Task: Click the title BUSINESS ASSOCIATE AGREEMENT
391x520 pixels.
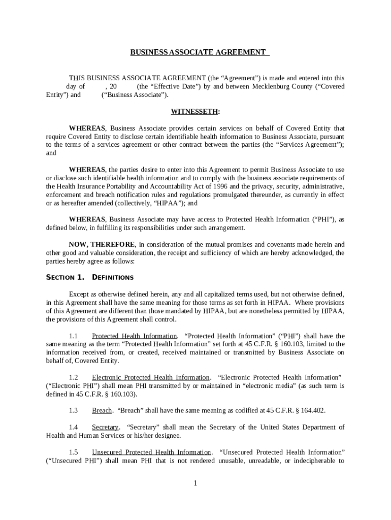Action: tap(198, 52)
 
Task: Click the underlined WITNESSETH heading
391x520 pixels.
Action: tap(195, 111)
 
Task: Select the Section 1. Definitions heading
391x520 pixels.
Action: tap(90, 277)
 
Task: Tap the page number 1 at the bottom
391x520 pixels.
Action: tap(195, 483)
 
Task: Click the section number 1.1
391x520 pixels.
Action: tap(73, 336)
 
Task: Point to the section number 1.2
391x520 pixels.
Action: tap(73, 377)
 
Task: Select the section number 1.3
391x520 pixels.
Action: tap(73, 410)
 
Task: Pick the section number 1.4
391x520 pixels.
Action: tap(73, 427)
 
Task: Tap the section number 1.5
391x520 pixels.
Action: tap(73, 452)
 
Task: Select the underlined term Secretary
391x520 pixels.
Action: tap(105, 427)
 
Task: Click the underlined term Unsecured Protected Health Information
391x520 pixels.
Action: tap(151, 452)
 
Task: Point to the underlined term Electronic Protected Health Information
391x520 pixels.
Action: tap(150, 377)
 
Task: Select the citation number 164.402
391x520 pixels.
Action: tap(313, 410)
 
